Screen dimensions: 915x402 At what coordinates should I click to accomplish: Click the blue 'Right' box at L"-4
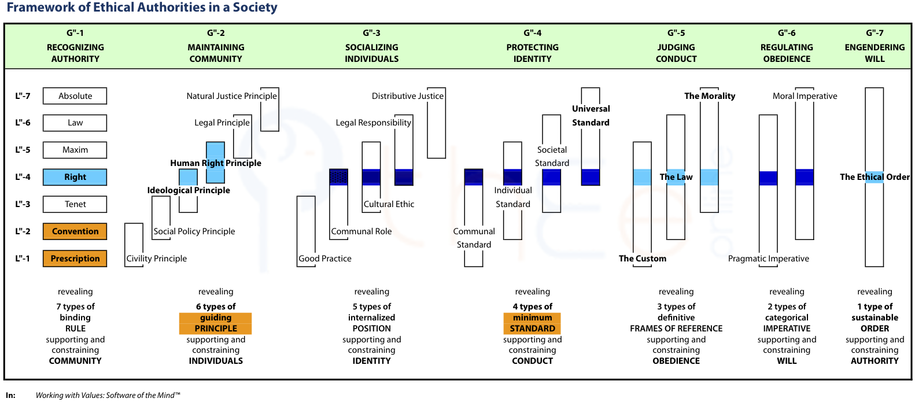[x=75, y=177]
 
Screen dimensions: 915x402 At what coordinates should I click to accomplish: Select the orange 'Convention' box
[x=75, y=231]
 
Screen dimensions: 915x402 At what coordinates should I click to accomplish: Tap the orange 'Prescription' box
[x=75, y=258]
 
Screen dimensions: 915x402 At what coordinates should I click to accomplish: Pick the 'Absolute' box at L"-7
[x=75, y=95]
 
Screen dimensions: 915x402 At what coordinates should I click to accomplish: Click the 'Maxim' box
[x=75, y=150]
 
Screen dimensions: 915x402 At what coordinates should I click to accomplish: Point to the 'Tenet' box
[x=75, y=204]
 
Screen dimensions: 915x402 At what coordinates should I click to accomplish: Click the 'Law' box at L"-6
[x=75, y=123]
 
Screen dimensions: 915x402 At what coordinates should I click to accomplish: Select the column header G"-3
[x=371, y=33]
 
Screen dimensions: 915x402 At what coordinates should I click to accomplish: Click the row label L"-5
[x=23, y=150]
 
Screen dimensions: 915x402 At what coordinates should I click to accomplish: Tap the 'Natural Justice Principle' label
[x=231, y=95]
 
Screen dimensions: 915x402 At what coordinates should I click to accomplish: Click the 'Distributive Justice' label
[x=407, y=95]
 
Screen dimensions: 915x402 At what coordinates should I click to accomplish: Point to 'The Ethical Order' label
[x=875, y=177]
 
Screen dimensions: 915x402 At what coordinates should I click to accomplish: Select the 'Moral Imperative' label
[x=805, y=95]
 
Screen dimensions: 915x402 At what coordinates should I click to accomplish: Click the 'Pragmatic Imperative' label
[x=768, y=258]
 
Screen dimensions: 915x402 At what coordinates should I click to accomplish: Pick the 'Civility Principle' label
[x=156, y=258]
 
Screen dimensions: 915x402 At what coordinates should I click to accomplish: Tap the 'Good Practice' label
[x=324, y=258]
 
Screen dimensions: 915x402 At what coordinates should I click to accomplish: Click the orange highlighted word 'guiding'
[x=215, y=318]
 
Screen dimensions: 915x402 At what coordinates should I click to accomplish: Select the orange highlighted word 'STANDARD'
[x=532, y=329]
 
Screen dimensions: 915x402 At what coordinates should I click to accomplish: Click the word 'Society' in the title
[x=255, y=8]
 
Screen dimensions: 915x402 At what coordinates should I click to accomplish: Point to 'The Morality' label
[x=710, y=95]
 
